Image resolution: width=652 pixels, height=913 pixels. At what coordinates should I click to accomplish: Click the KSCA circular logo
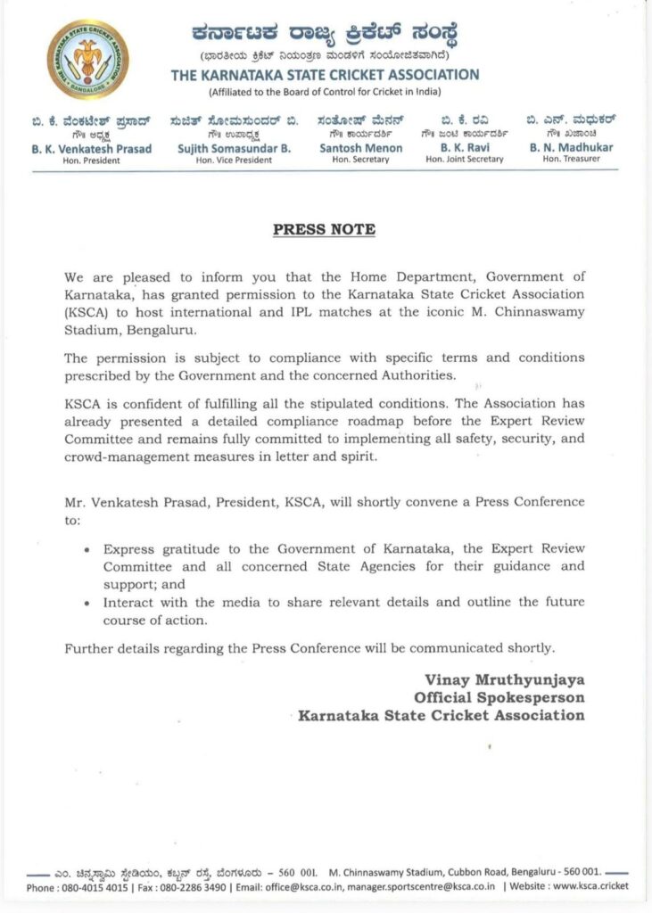(x=87, y=60)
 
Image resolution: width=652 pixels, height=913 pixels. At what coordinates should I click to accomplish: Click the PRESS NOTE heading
(x=324, y=229)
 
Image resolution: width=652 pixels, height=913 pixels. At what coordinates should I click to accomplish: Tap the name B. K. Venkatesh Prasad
(x=92, y=148)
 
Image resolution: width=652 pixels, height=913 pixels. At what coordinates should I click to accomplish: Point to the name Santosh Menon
(x=360, y=148)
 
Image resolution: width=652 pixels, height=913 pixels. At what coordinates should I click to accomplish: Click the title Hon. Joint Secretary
(x=465, y=160)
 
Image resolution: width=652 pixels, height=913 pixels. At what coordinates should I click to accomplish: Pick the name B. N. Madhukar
(x=571, y=148)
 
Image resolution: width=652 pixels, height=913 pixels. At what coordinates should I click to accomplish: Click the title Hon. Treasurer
(x=571, y=160)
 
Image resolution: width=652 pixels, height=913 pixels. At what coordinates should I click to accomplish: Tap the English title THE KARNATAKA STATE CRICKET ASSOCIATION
(x=325, y=75)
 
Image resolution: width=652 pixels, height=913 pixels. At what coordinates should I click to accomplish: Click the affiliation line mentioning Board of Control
(x=325, y=92)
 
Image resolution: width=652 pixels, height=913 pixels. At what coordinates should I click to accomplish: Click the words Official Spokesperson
(x=499, y=696)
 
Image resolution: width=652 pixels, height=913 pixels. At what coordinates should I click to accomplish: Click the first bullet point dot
(x=86, y=549)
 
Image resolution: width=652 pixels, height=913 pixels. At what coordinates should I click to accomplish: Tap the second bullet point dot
(x=86, y=604)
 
